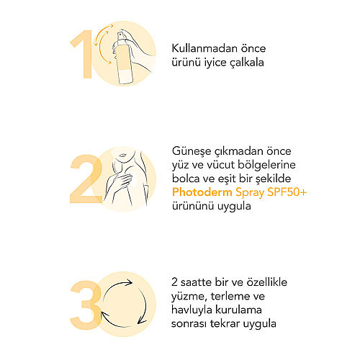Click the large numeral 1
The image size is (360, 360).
(85, 54)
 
